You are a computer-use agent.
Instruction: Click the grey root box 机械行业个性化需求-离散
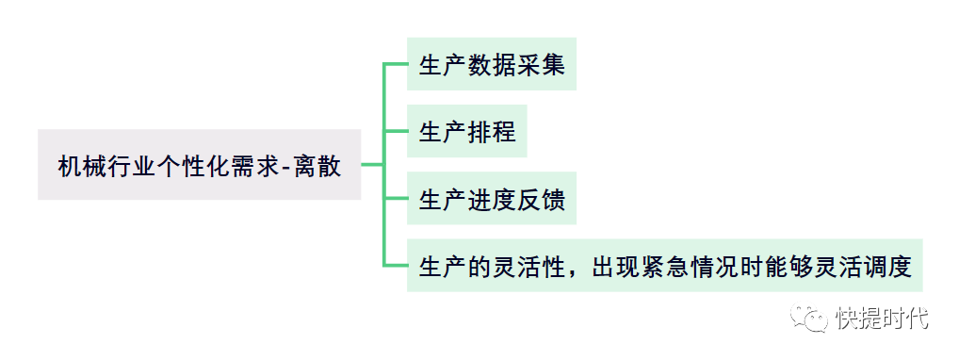(200, 165)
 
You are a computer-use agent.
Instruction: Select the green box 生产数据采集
(492, 64)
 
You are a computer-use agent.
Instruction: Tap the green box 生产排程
(467, 131)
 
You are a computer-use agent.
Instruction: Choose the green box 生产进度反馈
(492, 198)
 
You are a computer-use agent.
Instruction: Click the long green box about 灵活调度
(665, 265)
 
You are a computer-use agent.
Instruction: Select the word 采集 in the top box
(541, 64)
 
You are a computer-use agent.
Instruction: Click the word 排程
(492, 132)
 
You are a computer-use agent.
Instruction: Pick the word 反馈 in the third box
(541, 199)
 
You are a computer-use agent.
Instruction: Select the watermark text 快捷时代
(881, 318)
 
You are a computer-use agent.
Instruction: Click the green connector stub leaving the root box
(372, 165)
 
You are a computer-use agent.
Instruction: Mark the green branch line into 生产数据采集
(395, 64)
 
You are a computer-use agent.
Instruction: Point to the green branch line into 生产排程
(395, 131)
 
